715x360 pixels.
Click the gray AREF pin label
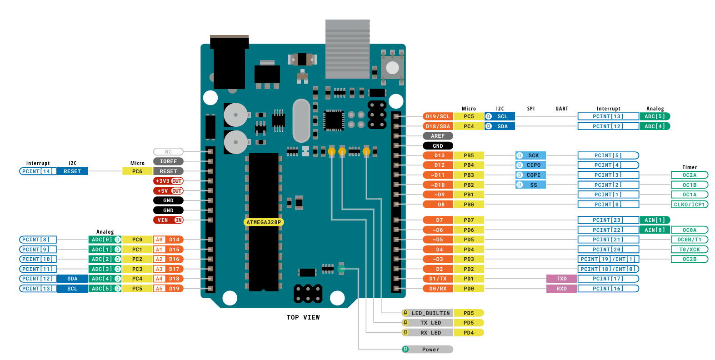[x=438, y=136]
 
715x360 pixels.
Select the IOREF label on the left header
[x=168, y=161]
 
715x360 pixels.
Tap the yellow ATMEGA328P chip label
[x=264, y=222]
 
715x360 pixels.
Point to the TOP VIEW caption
[x=303, y=317]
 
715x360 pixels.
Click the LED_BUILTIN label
[x=430, y=313]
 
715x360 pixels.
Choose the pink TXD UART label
[x=561, y=279]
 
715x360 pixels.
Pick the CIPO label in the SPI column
[x=530, y=165]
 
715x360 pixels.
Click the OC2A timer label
[x=689, y=175]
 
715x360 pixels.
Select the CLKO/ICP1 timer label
[x=689, y=205]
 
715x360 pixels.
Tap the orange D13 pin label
[x=438, y=155]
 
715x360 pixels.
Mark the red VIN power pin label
[x=168, y=220]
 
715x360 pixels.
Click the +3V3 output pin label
[x=168, y=181]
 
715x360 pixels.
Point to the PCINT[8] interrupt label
[x=38, y=240]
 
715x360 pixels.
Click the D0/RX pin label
[x=438, y=289]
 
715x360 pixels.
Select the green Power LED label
[x=427, y=350]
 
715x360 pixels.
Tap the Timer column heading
[x=689, y=167]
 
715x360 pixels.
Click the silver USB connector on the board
[x=347, y=49]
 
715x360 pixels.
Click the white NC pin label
[x=168, y=152]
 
